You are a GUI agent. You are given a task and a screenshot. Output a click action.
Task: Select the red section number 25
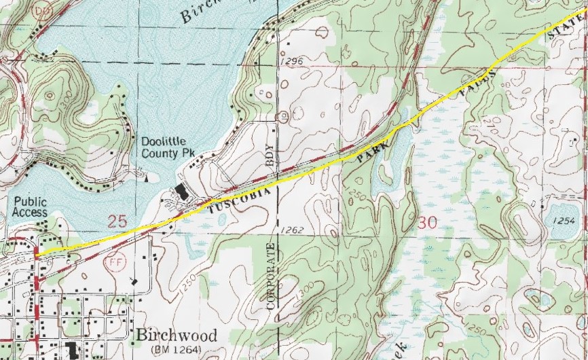point(117,221)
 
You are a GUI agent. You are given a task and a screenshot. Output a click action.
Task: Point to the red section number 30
point(428,222)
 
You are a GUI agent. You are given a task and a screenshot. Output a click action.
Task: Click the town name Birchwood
point(176,336)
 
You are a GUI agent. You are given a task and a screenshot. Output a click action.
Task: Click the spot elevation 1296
point(290,62)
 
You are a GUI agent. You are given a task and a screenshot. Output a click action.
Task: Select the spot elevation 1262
point(289,230)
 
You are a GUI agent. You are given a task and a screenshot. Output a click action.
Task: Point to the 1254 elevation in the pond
point(564,221)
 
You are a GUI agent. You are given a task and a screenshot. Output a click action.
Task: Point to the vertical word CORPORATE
point(272,275)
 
